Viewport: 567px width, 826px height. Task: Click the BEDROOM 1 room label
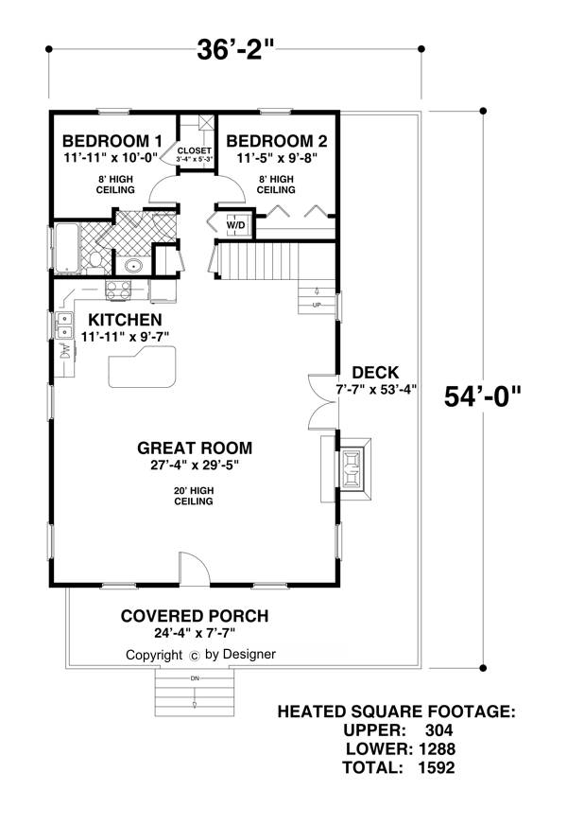click(112, 141)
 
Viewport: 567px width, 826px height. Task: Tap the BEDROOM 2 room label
click(277, 141)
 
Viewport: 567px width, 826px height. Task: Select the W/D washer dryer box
click(235, 225)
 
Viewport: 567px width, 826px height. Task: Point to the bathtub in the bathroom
click(67, 248)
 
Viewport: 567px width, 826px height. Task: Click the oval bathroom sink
click(132, 266)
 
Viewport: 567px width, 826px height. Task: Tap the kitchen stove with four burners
click(118, 290)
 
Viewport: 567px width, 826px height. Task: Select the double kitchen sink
click(64, 325)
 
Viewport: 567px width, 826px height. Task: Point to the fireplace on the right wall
click(352, 467)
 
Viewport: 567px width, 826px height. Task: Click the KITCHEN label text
click(125, 320)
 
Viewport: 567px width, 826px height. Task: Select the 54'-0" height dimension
click(482, 396)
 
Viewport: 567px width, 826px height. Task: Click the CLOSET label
click(194, 150)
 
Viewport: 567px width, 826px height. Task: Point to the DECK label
click(375, 373)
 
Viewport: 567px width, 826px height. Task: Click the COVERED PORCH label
click(195, 616)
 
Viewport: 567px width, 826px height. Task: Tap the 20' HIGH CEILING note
click(194, 496)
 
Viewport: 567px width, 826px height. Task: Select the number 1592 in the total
click(437, 767)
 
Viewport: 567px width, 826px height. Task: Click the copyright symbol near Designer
click(194, 656)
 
